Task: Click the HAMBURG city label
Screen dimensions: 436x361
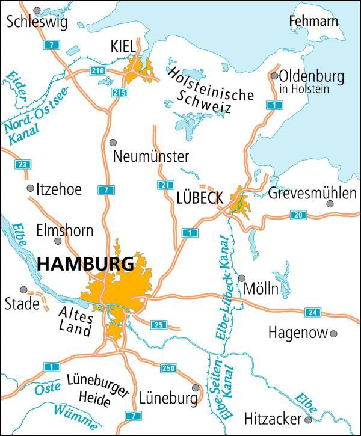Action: coord(85,264)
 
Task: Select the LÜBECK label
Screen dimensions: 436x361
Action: coord(200,197)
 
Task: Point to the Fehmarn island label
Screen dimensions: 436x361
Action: coord(313,22)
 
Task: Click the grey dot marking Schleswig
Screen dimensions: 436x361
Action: coord(37,10)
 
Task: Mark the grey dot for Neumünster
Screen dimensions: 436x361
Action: coord(114,142)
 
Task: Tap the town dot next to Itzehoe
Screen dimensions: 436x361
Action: coord(31,188)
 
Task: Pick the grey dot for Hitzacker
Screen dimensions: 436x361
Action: coord(308,419)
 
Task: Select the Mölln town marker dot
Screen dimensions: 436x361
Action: coord(242,278)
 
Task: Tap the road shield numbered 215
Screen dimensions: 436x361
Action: coord(120,92)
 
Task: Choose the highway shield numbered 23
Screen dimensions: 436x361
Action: coord(23,165)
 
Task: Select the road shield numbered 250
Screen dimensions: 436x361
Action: coord(168,367)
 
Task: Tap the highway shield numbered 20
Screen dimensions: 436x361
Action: coord(298,215)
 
